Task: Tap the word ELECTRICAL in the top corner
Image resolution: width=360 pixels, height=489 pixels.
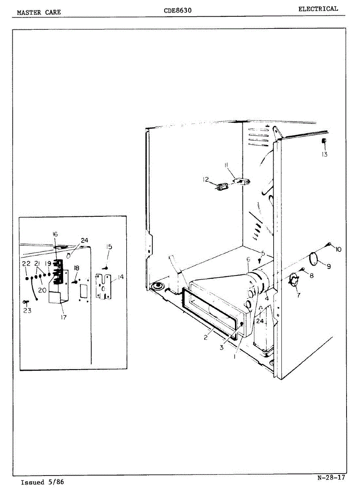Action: tap(318, 9)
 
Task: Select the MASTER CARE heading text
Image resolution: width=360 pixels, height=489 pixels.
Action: tap(39, 12)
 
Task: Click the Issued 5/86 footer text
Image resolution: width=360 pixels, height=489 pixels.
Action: tap(42, 482)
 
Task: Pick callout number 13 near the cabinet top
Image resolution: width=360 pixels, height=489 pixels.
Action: tap(324, 154)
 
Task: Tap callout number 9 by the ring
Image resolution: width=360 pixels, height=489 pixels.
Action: tap(328, 266)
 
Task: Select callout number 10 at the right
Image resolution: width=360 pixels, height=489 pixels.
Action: tap(338, 249)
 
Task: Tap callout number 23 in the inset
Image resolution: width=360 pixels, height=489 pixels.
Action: tap(27, 310)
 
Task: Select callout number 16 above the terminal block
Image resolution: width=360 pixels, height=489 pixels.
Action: tap(55, 234)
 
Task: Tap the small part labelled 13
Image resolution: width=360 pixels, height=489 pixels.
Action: tap(324, 141)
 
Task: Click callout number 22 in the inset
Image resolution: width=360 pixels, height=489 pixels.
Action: tap(26, 263)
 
